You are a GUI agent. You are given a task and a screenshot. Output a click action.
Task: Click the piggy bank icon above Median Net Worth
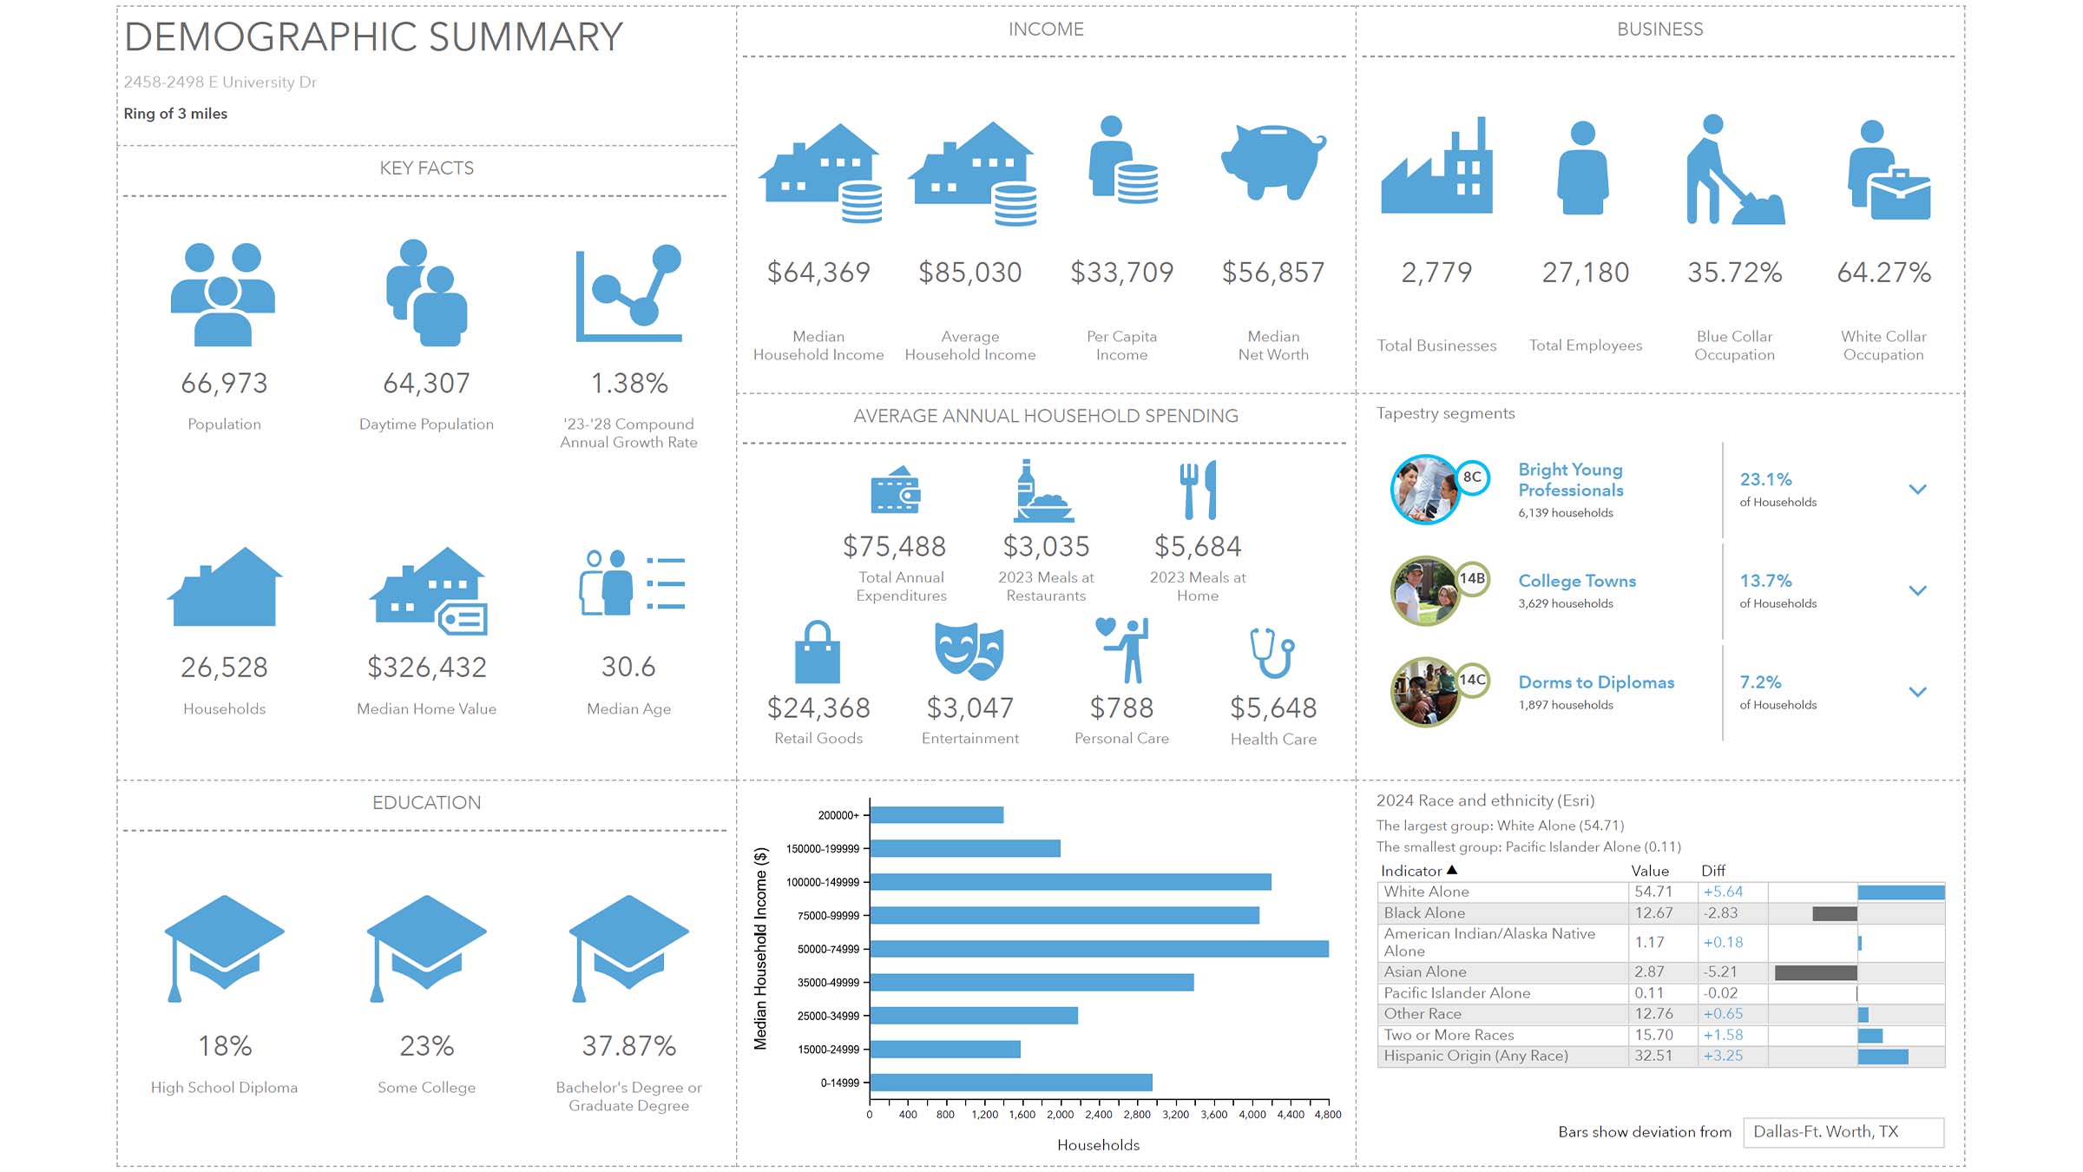1272,161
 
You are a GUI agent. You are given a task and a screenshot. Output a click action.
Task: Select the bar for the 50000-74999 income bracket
1099,949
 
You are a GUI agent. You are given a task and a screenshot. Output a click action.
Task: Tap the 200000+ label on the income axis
838,815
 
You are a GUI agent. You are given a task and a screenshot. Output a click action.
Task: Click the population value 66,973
224,383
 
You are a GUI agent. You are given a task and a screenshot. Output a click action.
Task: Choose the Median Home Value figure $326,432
426,667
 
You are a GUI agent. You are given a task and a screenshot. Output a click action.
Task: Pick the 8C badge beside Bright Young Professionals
1472,477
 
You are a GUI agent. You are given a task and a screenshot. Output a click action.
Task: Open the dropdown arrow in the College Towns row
1917,590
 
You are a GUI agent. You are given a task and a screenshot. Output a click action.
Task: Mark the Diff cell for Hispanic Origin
1723,1056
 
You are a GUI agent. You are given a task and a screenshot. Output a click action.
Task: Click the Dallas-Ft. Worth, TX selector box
1843,1132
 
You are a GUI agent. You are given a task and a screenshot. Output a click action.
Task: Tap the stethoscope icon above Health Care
1272,653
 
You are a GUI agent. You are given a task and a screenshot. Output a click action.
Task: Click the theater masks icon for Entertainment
969,651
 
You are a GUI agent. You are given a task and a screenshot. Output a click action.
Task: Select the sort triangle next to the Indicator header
1452,870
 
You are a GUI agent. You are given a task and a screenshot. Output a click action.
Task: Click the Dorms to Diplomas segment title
1595,682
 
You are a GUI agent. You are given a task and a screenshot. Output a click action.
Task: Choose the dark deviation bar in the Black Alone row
1834,913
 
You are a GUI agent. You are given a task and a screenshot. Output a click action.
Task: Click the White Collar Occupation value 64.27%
1883,273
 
